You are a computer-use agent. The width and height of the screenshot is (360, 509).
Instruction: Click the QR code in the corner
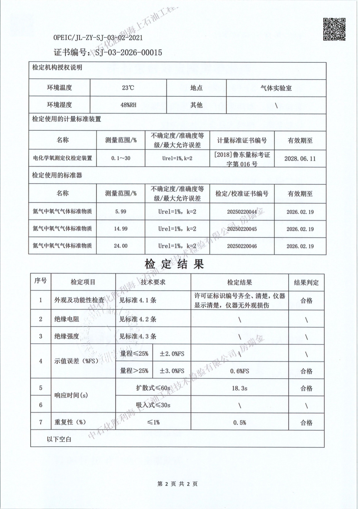tap(334, 29)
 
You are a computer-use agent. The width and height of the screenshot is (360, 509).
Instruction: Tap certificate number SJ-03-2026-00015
tap(128, 53)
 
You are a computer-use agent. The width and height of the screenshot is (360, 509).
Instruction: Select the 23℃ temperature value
tap(128, 88)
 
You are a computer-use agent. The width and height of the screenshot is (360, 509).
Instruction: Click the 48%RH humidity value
tap(128, 105)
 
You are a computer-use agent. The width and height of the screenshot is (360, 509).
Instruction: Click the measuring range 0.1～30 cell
tap(120, 158)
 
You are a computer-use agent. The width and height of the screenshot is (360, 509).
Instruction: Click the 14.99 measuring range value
tap(120, 229)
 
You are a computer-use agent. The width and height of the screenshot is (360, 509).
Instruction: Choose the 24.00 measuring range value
tap(120, 246)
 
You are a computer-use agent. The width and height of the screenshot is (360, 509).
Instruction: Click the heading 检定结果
tap(174, 264)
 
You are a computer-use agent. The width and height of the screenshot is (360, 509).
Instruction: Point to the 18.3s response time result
tap(239, 388)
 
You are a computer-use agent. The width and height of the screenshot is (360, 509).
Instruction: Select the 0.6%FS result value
tap(239, 371)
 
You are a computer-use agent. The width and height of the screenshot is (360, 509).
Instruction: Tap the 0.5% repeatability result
tap(239, 422)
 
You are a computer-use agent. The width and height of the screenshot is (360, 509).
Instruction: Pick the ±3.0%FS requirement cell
tap(172, 371)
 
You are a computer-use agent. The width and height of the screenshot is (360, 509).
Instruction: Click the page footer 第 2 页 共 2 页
tap(178, 484)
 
